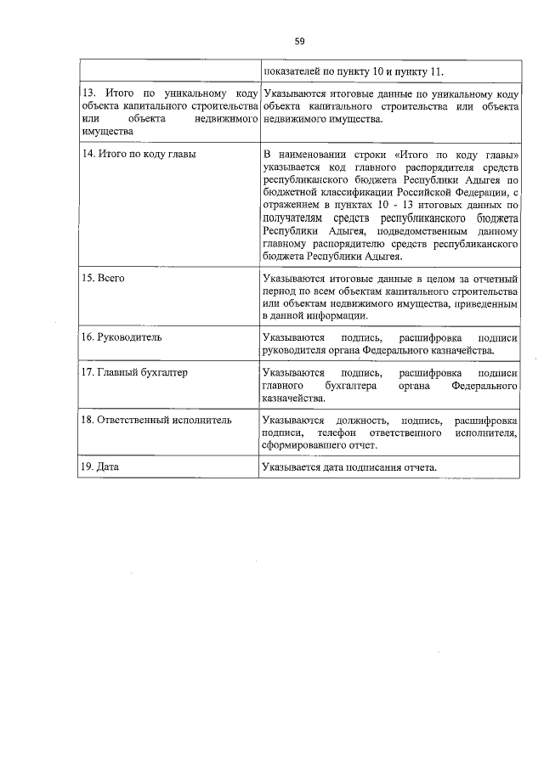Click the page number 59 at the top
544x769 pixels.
(x=299, y=40)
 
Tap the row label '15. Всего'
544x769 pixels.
(x=105, y=278)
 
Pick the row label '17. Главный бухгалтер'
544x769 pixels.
(x=134, y=373)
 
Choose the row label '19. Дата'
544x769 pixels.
(x=100, y=467)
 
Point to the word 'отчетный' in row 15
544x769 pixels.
(x=496, y=278)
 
